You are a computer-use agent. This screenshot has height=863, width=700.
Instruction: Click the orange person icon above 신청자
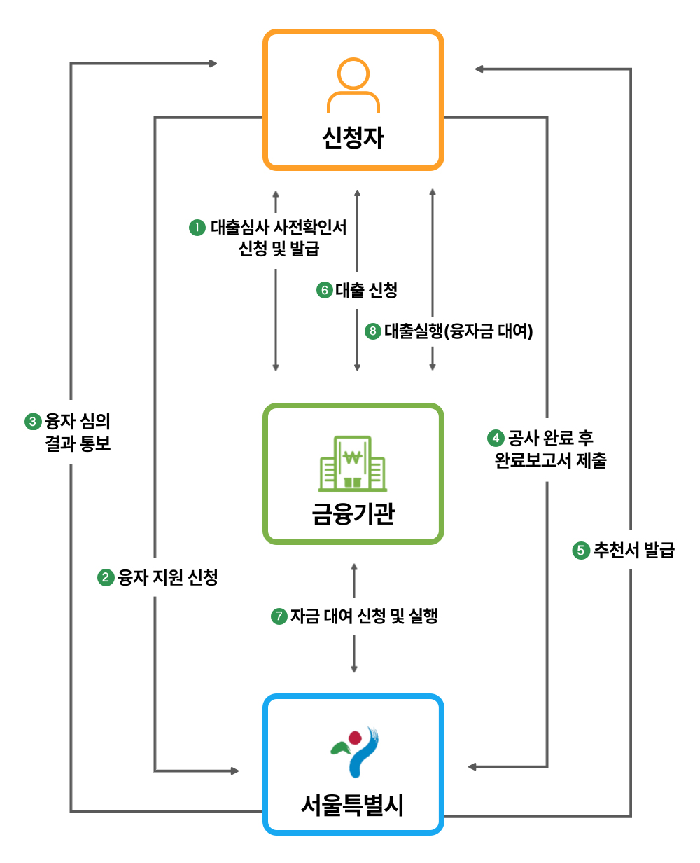pos(353,85)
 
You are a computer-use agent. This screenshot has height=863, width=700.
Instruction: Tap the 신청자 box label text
pos(353,137)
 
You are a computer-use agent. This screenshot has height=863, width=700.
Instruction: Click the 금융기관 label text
pos(353,513)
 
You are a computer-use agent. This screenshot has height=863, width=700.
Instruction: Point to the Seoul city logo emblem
pos(354,752)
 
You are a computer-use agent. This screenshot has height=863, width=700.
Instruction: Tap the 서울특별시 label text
pos(353,805)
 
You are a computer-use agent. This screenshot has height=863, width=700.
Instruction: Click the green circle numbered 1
pos(198,228)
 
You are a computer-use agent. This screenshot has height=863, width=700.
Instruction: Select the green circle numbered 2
pos(106,578)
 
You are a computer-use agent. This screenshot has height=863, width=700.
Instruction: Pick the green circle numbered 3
pos(33,422)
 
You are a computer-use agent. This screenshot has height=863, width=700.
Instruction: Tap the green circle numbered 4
pos(496,439)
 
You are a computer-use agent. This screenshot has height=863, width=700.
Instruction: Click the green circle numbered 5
pos(580,551)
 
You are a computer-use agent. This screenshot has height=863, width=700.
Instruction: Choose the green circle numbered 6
pos(323,290)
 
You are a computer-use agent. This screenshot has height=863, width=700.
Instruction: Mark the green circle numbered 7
pos(279,616)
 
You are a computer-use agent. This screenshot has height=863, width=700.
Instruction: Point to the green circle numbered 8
pos(373,331)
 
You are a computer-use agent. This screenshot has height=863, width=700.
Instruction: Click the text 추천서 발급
pos(633,551)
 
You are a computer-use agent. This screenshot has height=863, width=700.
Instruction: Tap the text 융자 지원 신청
pos(168,578)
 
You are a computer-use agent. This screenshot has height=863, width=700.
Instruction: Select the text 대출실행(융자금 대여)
pos(458,331)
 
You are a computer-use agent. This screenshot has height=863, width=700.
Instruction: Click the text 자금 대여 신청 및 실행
pos(364,616)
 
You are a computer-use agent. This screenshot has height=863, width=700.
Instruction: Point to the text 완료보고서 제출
pos(551,461)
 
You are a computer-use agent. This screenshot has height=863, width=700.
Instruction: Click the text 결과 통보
pos(78,443)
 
